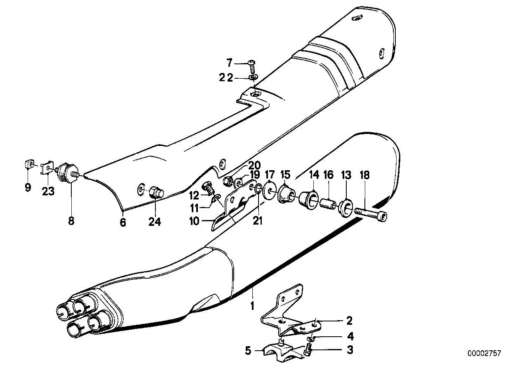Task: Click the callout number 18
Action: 364,175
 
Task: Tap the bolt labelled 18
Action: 371,214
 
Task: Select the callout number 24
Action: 155,222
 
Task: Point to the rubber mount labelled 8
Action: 67,174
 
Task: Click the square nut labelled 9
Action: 28,164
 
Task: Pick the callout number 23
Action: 48,191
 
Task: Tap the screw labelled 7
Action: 251,66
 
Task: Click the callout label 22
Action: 226,77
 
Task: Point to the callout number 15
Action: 285,175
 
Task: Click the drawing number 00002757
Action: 484,353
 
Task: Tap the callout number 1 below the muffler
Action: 252,306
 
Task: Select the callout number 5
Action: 248,350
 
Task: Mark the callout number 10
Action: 194,221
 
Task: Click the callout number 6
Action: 123,222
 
